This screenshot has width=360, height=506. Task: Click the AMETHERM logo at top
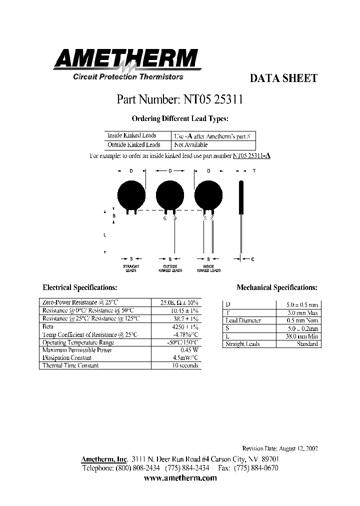(x=126, y=60)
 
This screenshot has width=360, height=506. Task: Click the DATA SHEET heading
(x=283, y=78)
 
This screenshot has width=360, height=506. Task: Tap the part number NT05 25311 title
(x=180, y=99)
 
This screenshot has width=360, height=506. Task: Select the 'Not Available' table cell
(x=190, y=145)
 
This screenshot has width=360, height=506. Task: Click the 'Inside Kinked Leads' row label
(x=131, y=135)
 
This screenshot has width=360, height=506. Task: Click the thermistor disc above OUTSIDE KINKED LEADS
(x=170, y=194)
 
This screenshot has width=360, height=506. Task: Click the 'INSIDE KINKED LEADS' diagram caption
(x=208, y=268)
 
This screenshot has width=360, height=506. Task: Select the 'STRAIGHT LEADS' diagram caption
(x=131, y=268)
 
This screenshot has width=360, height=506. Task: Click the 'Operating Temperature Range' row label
(x=78, y=342)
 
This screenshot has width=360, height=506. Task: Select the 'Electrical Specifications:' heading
(x=80, y=287)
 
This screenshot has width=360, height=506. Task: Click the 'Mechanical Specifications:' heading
(x=276, y=287)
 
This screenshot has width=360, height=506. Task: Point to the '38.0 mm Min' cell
(x=302, y=336)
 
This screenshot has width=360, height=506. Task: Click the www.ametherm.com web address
(x=180, y=478)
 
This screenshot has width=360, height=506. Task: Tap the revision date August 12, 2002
(x=279, y=448)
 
